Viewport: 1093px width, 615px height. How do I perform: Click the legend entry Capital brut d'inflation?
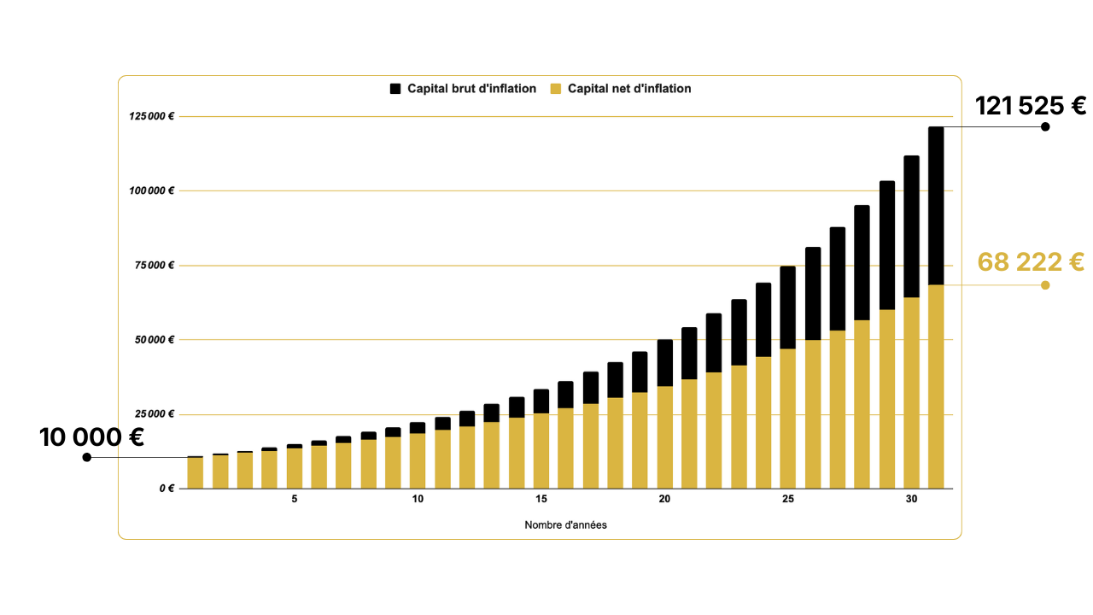[x=471, y=89]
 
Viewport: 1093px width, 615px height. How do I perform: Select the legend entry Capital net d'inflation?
[x=629, y=89]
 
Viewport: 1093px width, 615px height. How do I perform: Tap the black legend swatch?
[x=395, y=89]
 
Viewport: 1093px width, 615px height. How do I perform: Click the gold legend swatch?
[x=556, y=89]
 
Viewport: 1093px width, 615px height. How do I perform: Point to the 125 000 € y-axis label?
[x=152, y=116]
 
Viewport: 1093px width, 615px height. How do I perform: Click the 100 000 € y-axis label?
[x=152, y=190]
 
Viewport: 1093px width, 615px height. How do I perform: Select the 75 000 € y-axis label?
[x=155, y=266]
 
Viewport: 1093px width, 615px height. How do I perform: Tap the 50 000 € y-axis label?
[x=155, y=340]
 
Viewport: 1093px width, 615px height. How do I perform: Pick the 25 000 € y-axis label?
[x=155, y=414]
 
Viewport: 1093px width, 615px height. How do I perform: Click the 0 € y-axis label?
[x=167, y=489]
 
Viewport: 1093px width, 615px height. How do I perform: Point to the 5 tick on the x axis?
[x=295, y=500]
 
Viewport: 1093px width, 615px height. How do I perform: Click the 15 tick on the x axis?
[x=541, y=500]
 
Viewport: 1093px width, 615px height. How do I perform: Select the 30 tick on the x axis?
[x=911, y=500]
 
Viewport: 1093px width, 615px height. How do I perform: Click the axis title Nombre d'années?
[x=565, y=525]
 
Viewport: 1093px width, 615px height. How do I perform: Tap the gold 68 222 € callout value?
[x=1031, y=262]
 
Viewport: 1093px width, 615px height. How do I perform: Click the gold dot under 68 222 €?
[x=1045, y=285]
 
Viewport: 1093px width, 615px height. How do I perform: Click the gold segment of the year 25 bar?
[x=787, y=419]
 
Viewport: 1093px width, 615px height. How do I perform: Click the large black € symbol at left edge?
[x=136, y=438]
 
